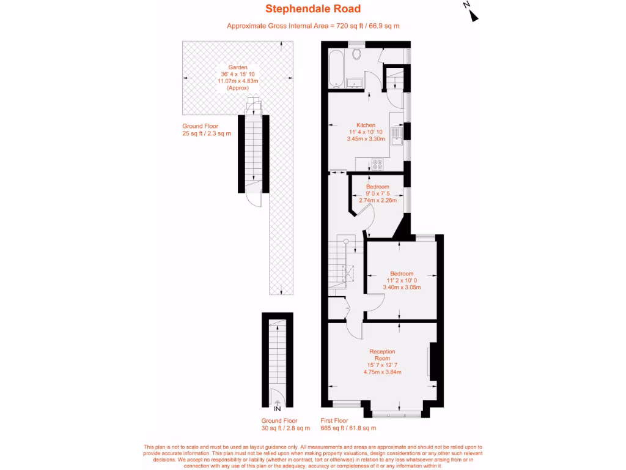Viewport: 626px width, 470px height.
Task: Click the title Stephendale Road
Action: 312,9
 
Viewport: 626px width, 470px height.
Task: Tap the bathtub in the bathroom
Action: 336,69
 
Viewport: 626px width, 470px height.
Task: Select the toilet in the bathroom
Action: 357,54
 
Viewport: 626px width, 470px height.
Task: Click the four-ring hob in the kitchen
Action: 377,164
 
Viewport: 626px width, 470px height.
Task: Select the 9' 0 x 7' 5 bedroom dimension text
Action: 378,193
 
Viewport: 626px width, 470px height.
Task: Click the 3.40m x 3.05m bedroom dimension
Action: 402,288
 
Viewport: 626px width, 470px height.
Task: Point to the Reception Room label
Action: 382,355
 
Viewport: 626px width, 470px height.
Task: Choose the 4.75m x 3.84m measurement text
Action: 382,371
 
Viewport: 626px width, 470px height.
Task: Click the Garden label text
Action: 238,67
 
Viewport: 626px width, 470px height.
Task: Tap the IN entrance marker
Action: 278,409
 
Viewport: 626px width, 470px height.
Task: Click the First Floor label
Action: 334,420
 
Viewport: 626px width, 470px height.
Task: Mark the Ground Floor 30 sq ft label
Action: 280,424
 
